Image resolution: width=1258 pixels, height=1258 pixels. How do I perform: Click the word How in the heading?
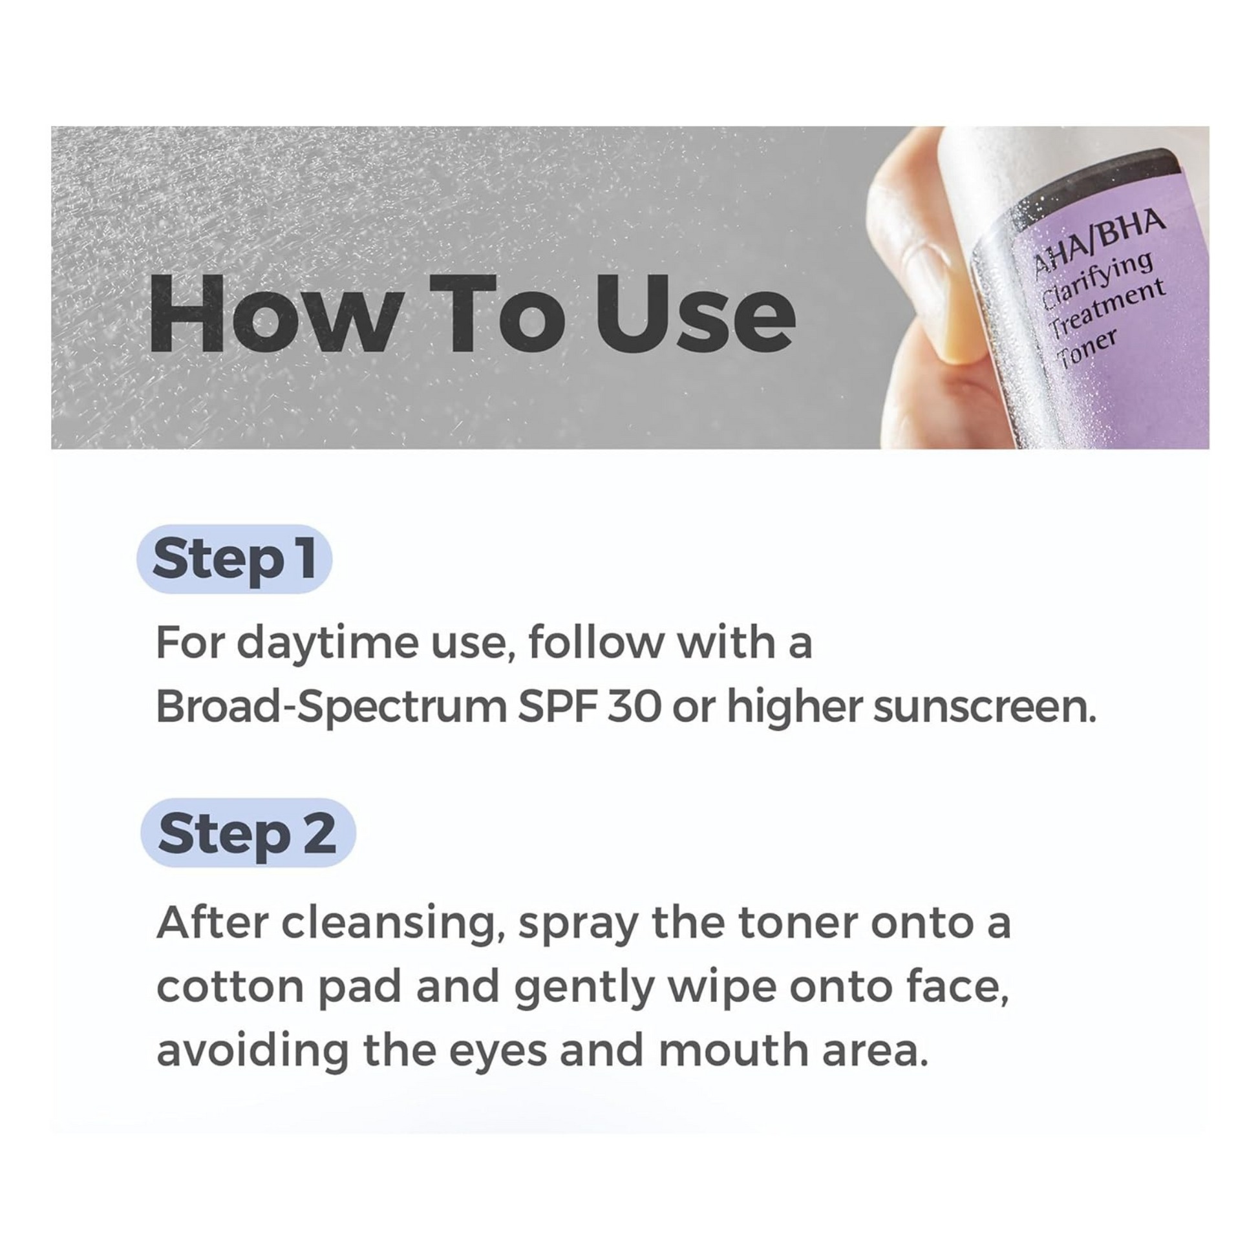click(x=272, y=314)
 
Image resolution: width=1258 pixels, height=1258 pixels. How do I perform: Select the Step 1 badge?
click(x=235, y=559)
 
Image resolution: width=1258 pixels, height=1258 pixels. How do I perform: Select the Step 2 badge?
click(x=248, y=833)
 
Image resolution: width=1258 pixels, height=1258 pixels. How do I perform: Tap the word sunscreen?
click(x=984, y=707)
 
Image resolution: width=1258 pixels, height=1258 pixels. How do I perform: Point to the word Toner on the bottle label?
click(x=1087, y=349)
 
